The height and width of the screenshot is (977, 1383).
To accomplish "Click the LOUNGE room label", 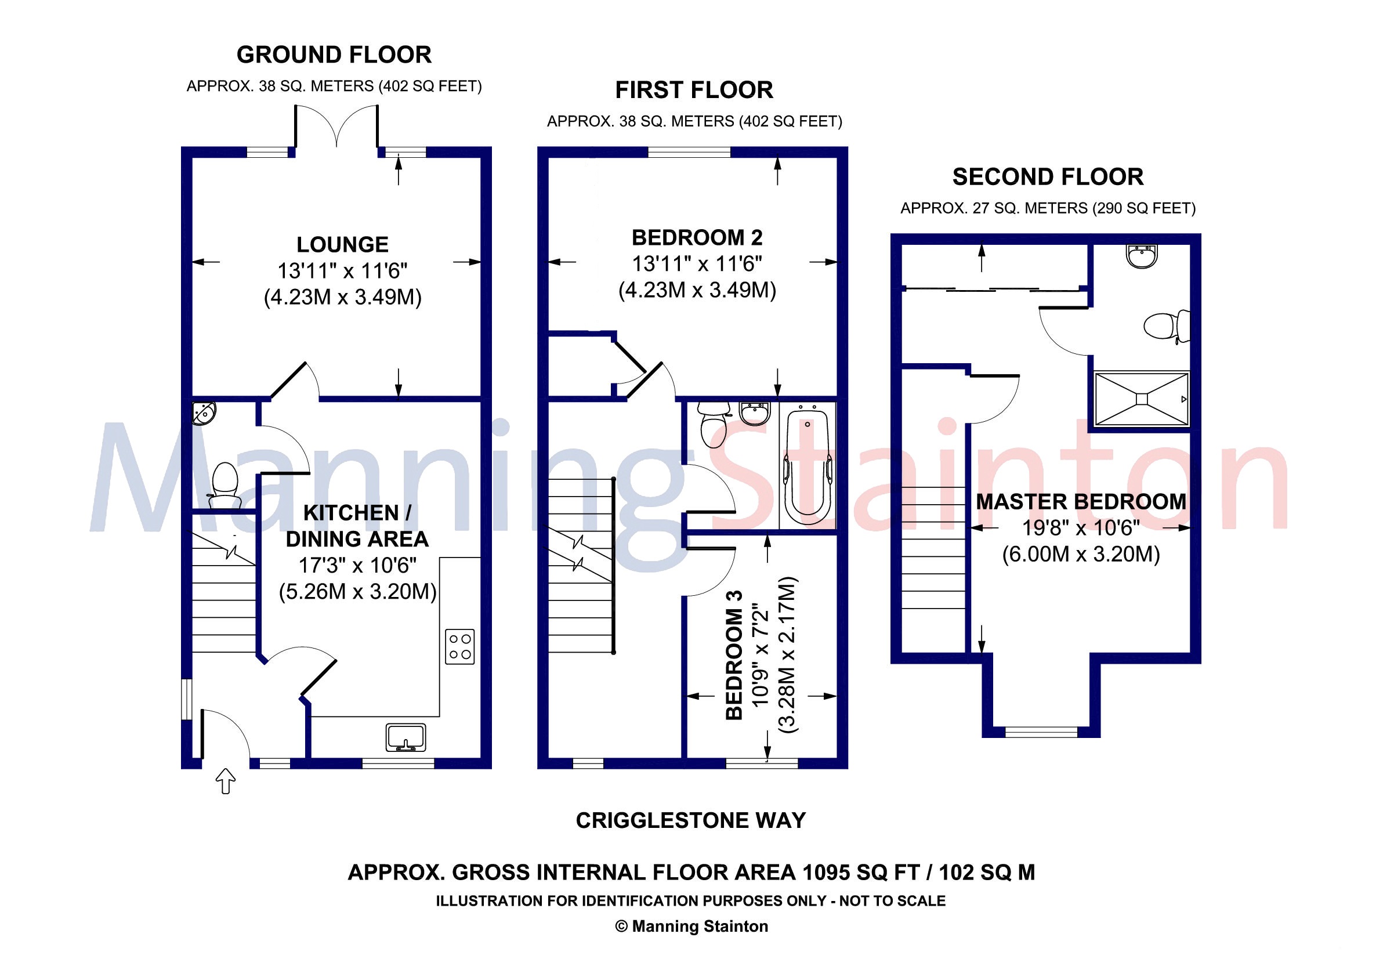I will [342, 245].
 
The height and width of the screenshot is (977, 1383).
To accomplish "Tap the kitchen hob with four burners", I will [459, 647].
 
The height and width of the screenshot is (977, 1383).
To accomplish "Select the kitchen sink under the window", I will [406, 737].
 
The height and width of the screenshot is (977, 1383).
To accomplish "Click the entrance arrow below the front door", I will [225, 781].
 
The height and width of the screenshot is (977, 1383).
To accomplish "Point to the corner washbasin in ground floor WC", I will [204, 413].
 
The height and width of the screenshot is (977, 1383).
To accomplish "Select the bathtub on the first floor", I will [807, 468].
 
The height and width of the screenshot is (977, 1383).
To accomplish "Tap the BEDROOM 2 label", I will [697, 238].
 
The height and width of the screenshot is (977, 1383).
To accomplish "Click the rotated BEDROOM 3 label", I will [734, 655].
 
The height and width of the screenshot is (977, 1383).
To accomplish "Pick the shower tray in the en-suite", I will [1142, 399].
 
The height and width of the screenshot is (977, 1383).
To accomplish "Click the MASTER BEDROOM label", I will [1081, 502].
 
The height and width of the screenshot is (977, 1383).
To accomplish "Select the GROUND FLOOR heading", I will [334, 55].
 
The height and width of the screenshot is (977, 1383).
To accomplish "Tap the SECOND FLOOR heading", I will [1048, 177].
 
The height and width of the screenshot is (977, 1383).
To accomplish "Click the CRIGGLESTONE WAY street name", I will [690, 820].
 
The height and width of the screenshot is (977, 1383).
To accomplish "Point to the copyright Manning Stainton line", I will [691, 927].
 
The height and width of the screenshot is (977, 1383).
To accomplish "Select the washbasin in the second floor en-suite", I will [1141, 255].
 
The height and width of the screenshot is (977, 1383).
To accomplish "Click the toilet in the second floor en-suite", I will [1165, 326].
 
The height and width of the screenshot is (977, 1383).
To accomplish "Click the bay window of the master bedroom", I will [1041, 731].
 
